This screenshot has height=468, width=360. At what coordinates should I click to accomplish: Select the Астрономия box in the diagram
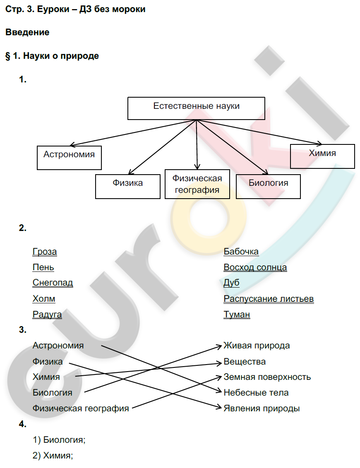tap(69, 157)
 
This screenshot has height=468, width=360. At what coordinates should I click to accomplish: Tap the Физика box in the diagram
tap(128, 186)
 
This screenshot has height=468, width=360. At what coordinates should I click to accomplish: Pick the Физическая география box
tap(197, 184)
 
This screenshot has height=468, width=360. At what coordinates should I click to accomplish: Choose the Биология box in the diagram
tap(268, 186)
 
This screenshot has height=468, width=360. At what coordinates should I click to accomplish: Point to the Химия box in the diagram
tap(322, 156)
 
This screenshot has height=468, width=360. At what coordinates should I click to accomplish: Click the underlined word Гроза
tap(45, 252)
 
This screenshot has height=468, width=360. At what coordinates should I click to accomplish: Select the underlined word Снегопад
tap(53, 283)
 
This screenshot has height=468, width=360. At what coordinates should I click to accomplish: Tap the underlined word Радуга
tap(47, 314)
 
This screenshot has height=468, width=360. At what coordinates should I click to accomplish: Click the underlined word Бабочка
tap(241, 252)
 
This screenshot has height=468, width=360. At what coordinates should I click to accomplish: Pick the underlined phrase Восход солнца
tap(255, 267)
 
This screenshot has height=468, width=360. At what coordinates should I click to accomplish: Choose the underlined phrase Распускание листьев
tap(269, 299)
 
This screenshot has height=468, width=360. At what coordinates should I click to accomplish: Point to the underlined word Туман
tap(237, 314)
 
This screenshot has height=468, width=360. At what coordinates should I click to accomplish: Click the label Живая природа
tap(257, 346)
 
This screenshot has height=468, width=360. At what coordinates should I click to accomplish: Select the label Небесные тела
tap(256, 393)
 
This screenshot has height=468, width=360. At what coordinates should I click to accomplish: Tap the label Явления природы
tap(262, 408)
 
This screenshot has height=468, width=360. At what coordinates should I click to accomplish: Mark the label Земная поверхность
tap(267, 377)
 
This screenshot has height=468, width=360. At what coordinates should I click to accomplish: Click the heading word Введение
tap(27, 32)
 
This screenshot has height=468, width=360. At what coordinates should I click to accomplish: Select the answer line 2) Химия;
tap(53, 456)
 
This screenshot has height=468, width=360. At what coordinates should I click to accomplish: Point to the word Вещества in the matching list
tap(245, 362)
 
